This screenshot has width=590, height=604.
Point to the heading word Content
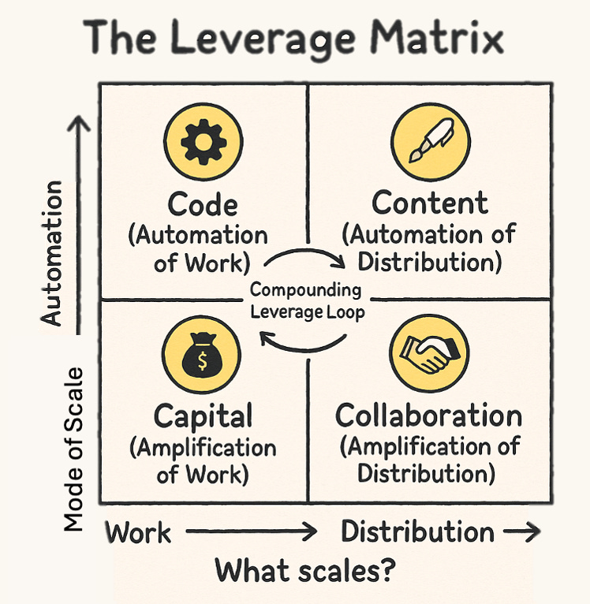pyautogui.click(x=430, y=203)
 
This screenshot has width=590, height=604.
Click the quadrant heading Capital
pyautogui.click(x=203, y=416)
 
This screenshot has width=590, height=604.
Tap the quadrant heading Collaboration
pyautogui.click(x=428, y=415)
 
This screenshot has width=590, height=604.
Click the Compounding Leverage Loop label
pyautogui.click(x=305, y=300)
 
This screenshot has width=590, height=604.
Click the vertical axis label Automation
pyautogui.click(x=52, y=252)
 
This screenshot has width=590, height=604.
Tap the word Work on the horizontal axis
pyautogui.click(x=139, y=532)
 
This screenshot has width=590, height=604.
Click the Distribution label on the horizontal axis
pyautogui.click(x=417, y=531)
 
